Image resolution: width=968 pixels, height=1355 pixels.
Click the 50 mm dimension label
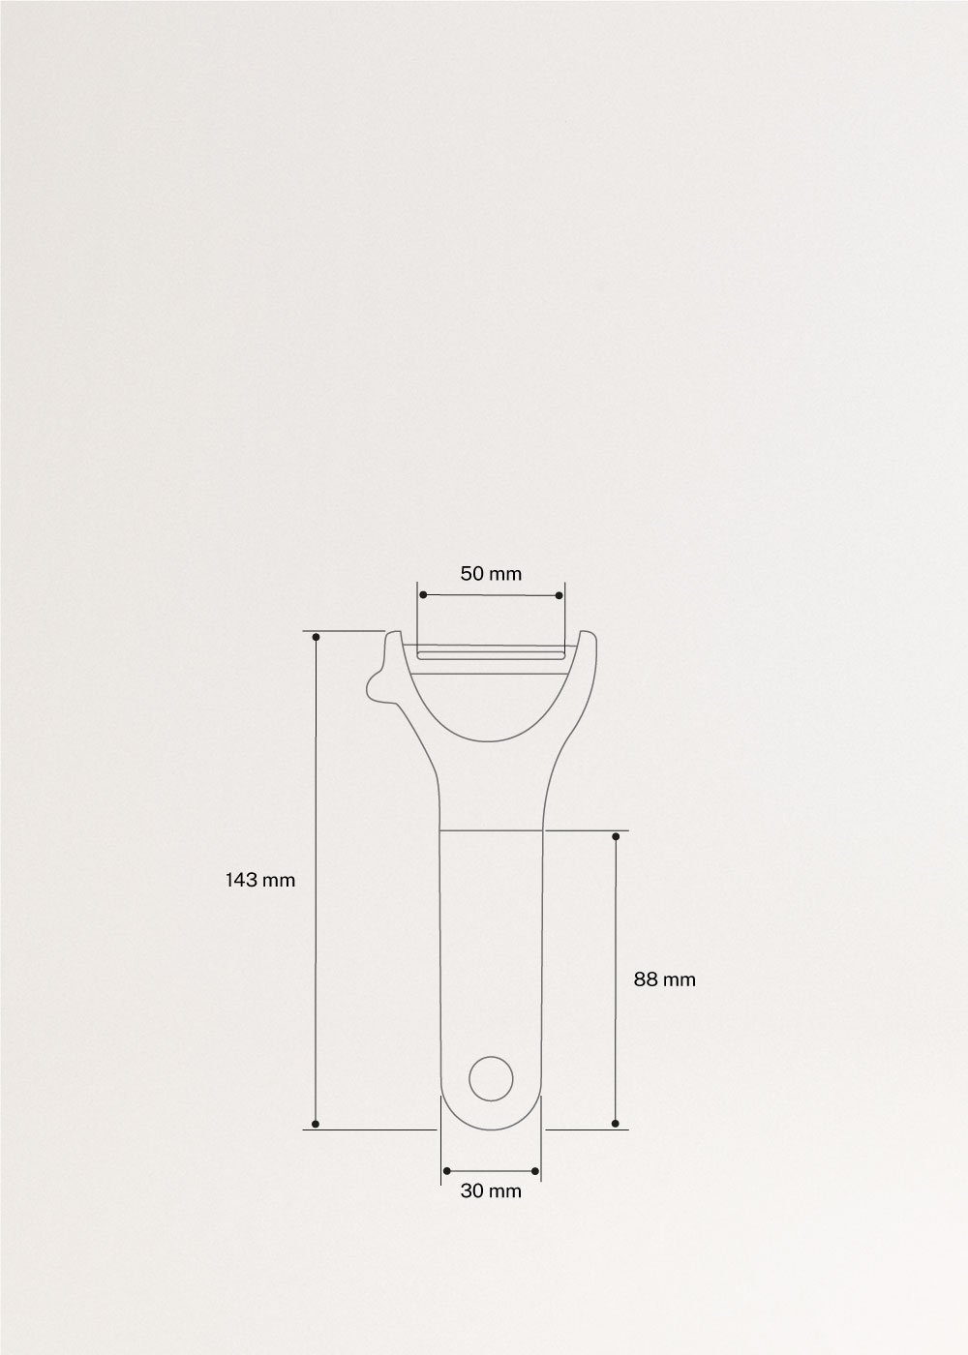(491, 574)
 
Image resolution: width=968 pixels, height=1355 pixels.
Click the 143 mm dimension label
(259, 880)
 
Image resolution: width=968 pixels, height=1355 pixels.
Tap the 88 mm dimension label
(665, 979)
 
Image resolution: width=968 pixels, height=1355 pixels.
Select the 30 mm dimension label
(491, 1190)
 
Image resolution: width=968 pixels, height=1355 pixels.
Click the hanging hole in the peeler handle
(491, 1077)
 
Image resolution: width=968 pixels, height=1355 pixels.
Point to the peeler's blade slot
(491, 655)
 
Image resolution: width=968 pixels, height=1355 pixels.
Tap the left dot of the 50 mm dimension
(422, 594)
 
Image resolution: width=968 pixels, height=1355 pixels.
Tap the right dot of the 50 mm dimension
(560, 594)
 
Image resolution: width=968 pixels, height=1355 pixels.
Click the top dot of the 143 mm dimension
(317, 636)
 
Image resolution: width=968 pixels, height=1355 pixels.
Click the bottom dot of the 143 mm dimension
(317, 1125)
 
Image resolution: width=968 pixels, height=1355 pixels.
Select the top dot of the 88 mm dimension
(616, 833)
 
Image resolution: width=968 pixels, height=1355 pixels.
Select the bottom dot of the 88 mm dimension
(616, 1124)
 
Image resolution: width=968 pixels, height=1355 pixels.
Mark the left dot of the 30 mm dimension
(445, 1172)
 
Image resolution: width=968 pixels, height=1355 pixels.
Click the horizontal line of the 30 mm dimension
(491, 1172)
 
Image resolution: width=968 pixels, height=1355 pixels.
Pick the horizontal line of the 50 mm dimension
(491, 594)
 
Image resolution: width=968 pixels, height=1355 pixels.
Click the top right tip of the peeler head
(588, 634)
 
